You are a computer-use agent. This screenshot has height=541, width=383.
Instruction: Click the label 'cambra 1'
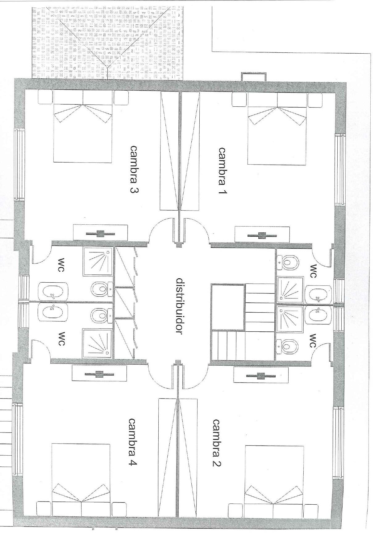222,171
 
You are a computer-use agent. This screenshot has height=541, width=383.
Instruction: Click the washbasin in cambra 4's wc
53,312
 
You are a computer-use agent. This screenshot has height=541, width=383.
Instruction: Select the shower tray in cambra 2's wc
290,319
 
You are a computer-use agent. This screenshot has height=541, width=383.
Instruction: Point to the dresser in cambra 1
262,235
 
